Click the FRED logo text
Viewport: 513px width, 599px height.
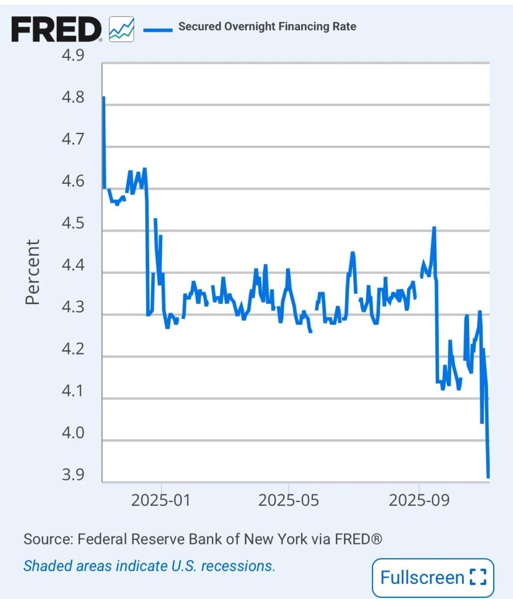(56, 29)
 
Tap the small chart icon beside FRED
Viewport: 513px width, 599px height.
(121, 29)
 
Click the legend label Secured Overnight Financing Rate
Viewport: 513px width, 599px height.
(267, 26)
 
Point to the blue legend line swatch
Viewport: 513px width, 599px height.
(157, 27)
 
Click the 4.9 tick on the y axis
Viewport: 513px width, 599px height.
(73, 56)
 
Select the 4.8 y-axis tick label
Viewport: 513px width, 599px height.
(73, 97)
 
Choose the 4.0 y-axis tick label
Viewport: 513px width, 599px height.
(73, 433)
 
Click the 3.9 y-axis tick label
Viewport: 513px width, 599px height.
(73, 475)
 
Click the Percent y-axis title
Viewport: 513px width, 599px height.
(33, 271)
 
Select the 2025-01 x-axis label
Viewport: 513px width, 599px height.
(161, 501)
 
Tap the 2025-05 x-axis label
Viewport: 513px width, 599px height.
(288, 501)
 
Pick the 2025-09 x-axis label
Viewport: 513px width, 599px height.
(419, 501)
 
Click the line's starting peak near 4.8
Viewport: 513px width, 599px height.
(104, 98)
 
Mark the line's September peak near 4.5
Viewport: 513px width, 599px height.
(434, 228)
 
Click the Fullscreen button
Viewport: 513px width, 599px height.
(433, 578)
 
